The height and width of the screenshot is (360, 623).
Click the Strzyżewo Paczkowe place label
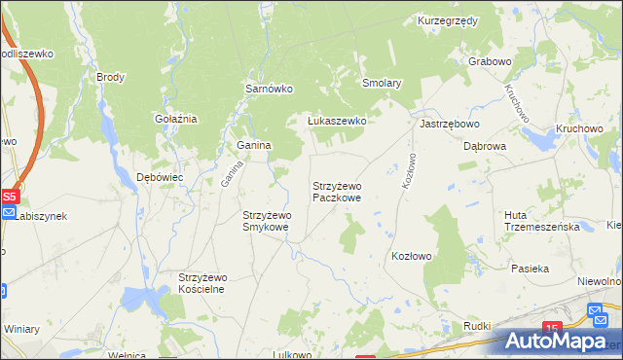[337, 191]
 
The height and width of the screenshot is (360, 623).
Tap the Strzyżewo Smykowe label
[266, 221]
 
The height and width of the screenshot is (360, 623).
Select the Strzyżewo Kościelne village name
[202, 283]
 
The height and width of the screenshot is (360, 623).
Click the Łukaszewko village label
[336, 121]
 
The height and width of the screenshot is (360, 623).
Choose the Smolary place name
[382, 84]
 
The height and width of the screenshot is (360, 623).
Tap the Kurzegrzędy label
[446, 20]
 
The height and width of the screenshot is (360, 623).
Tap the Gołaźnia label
[176, 119]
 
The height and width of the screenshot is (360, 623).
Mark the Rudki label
[477, 326]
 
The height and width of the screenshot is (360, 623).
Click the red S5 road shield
[9, 197]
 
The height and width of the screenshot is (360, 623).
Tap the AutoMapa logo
[558, 341]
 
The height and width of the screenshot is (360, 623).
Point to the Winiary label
[20, 328]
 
